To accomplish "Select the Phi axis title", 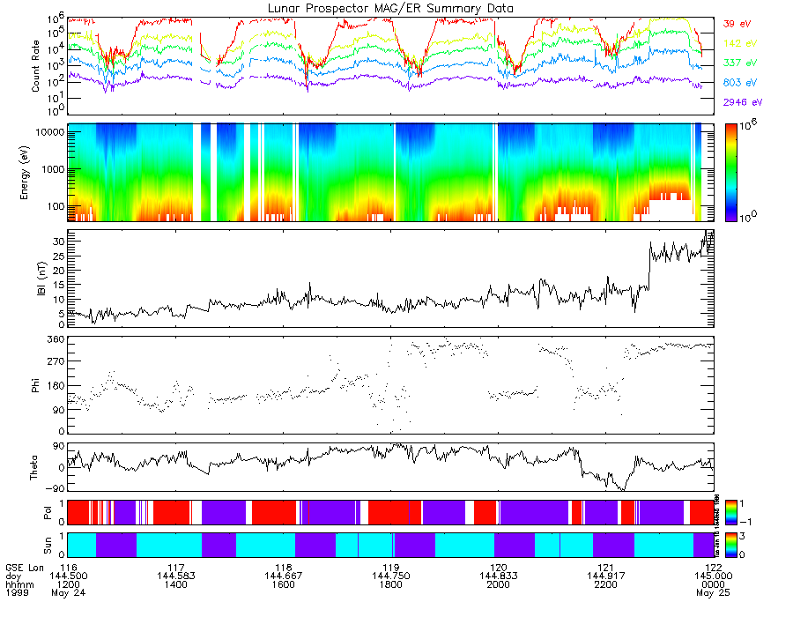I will [36, 384].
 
